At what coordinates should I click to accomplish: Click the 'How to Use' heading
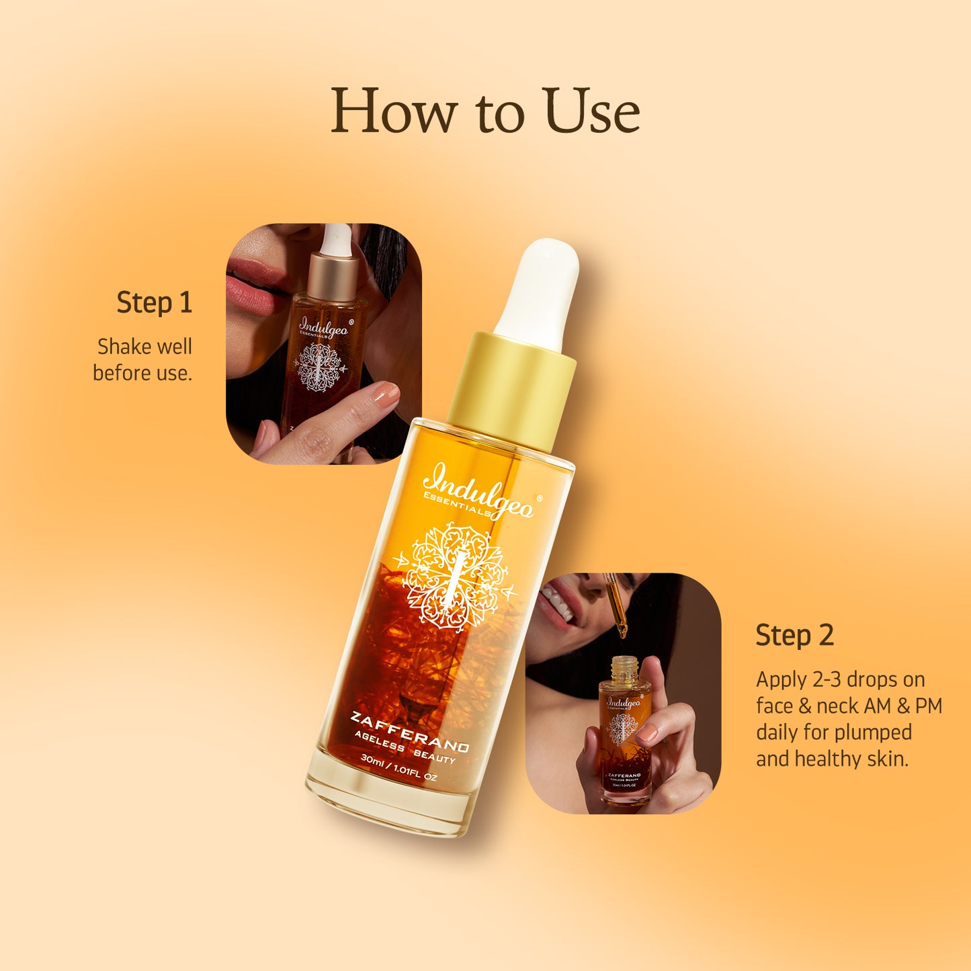(x=484, y=111)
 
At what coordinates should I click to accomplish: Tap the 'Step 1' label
(x=155, y=302)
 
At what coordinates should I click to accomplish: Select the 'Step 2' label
(x=794, y=635)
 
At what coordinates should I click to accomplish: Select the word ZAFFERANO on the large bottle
(x=409, y=732)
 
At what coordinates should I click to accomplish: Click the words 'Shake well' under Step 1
(x=144, y=347)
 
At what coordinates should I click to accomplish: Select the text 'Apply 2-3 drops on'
(x=840, y=679)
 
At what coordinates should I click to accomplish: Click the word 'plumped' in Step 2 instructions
(x=873, y=732)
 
